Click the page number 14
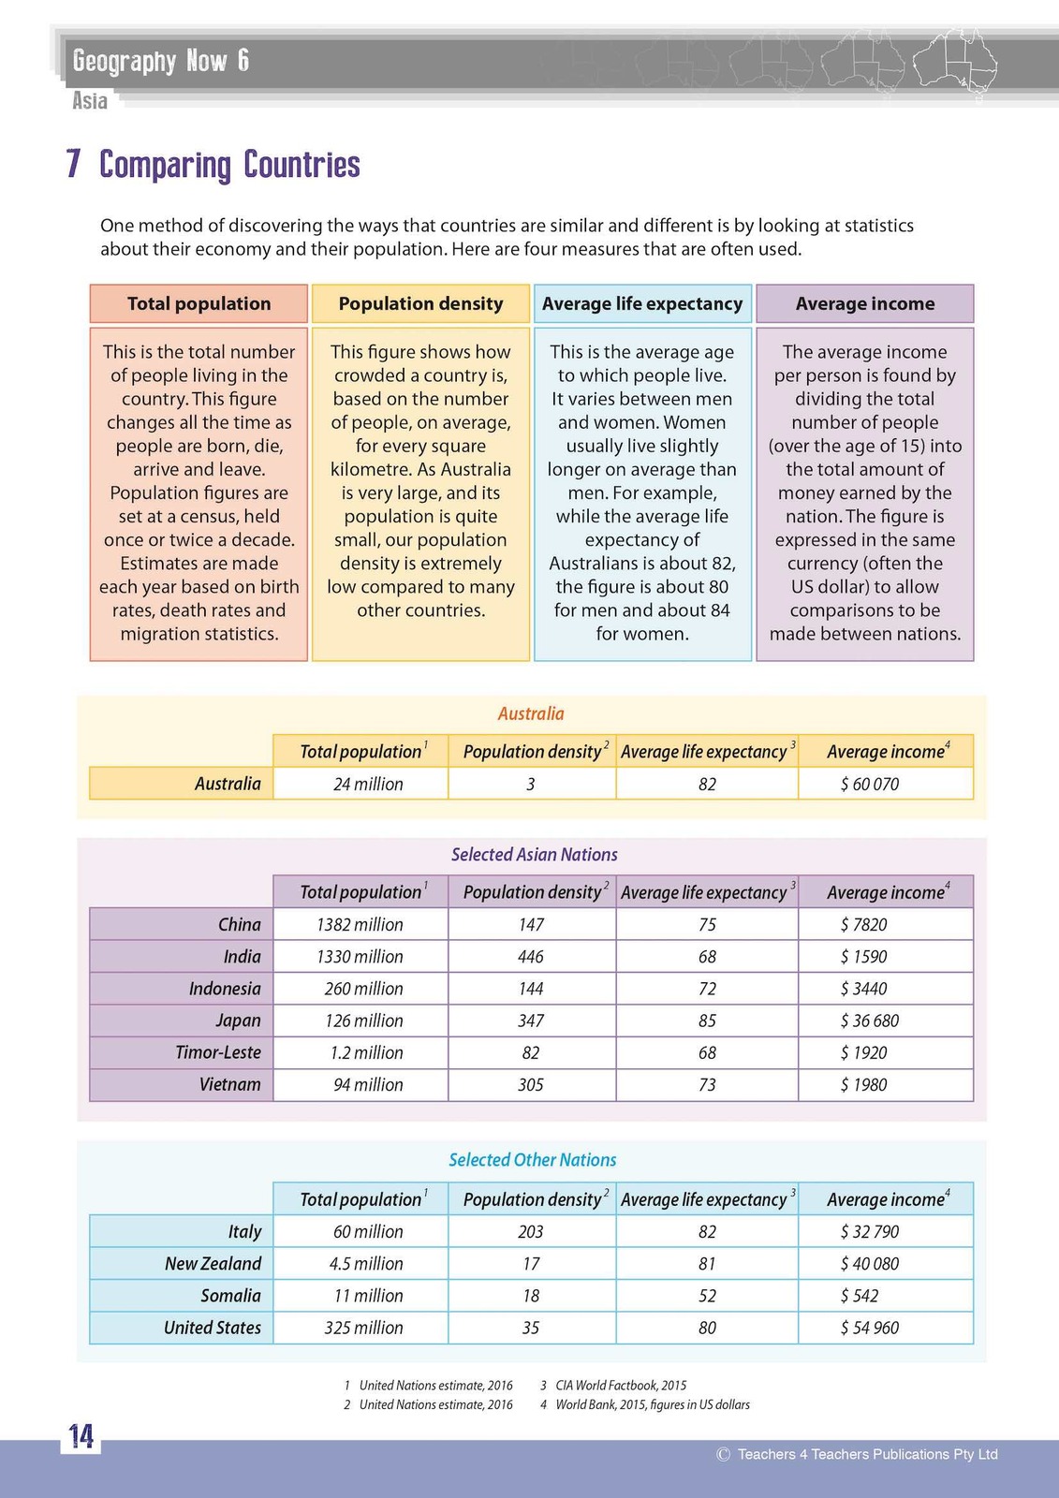(x=81, y=1436)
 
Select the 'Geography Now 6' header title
(x=161, y=62)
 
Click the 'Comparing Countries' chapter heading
(x=229, y=165)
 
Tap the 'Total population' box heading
(x=199, y=303)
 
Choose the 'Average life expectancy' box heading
(x=642, y=303)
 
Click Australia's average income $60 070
(x=869, y=784)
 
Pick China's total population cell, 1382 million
(x=360, y=924)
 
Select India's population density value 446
(x=531, y=956)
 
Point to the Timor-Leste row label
(x=218, y=1052)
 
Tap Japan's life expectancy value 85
(x=707, y=1021)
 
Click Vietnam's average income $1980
(x=863, y=1084)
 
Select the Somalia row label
(x=230, y=1295)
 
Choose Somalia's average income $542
(x=860, y=1295)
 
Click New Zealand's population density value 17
(x=531, y=1263)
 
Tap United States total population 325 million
(x=363, y=1327)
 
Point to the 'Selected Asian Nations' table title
(x=534, y=854)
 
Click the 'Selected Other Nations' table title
(x=532, y=1159)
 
